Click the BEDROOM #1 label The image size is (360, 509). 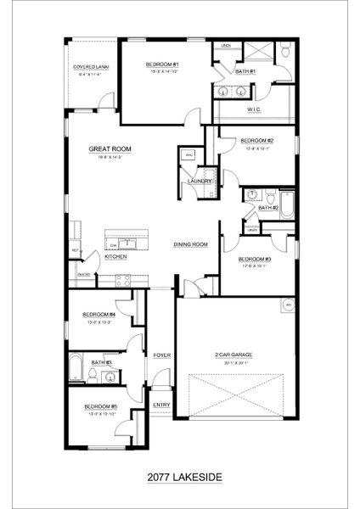coord(160,64)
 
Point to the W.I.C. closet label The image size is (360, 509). coord(253,109)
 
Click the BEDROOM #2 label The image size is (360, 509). coord(256,140)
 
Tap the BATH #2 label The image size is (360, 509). coord(267,207)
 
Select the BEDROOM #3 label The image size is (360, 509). coord(254,259)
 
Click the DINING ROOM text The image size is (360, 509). coord(191,244)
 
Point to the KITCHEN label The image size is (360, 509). coord(116,255)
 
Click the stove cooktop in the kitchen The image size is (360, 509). coord(122,280)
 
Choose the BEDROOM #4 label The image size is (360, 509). coord(100,314)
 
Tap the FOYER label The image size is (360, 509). coord(161,355)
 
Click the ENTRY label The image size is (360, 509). coord(161,405)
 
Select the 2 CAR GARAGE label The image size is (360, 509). coord(237,355)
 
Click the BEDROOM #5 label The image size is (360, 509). coord(100,406)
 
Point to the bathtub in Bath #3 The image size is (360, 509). coord(76,368)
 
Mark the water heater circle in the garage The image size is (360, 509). coord(288,303)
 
